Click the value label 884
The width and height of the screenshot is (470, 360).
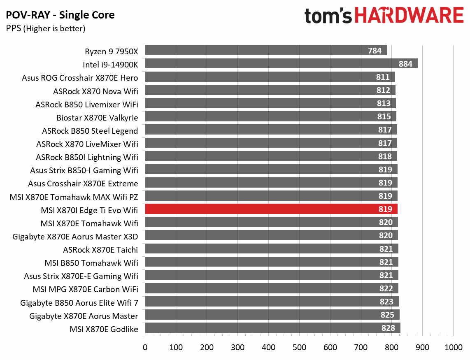click(x=405, y=64)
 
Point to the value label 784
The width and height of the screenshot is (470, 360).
click(x=375, y=51)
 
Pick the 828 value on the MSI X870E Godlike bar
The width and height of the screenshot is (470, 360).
click(x=388, y=328)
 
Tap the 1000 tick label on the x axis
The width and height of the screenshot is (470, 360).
click(x=453, y=347)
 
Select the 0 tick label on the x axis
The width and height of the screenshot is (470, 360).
click(x=145, y=347)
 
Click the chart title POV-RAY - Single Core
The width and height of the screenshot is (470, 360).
click(x=60, y=16)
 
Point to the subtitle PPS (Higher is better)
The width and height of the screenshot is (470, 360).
click(x=45, y=29)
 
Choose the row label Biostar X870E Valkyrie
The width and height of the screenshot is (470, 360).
click(x=97, y=118)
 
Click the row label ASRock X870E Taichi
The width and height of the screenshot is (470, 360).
click(x=100, y=249)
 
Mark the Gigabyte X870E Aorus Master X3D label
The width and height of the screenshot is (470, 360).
click(x=75, y=236)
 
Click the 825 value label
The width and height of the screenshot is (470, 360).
click(x=387, y=315)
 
